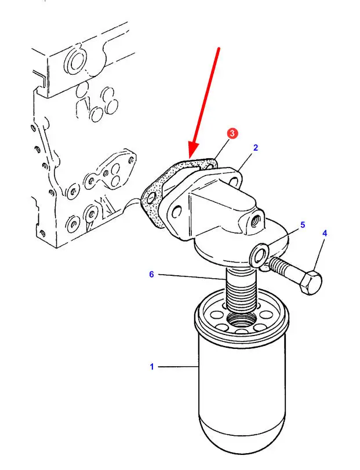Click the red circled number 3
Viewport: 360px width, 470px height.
tap(232, 134)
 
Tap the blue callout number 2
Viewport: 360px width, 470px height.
tap(256, 147)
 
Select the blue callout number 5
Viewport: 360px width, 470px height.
tap(303, 224)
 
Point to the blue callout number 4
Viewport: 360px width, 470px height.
tap(325, 233)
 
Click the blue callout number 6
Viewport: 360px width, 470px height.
tap(151, 274)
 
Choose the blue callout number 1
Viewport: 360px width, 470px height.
tap(152, 366)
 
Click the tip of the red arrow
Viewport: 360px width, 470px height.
tap(190, 158)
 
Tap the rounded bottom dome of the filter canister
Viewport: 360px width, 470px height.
tap(242, 435)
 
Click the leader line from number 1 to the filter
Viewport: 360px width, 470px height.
tap(179, 366)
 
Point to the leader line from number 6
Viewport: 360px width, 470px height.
tap(192, 276)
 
